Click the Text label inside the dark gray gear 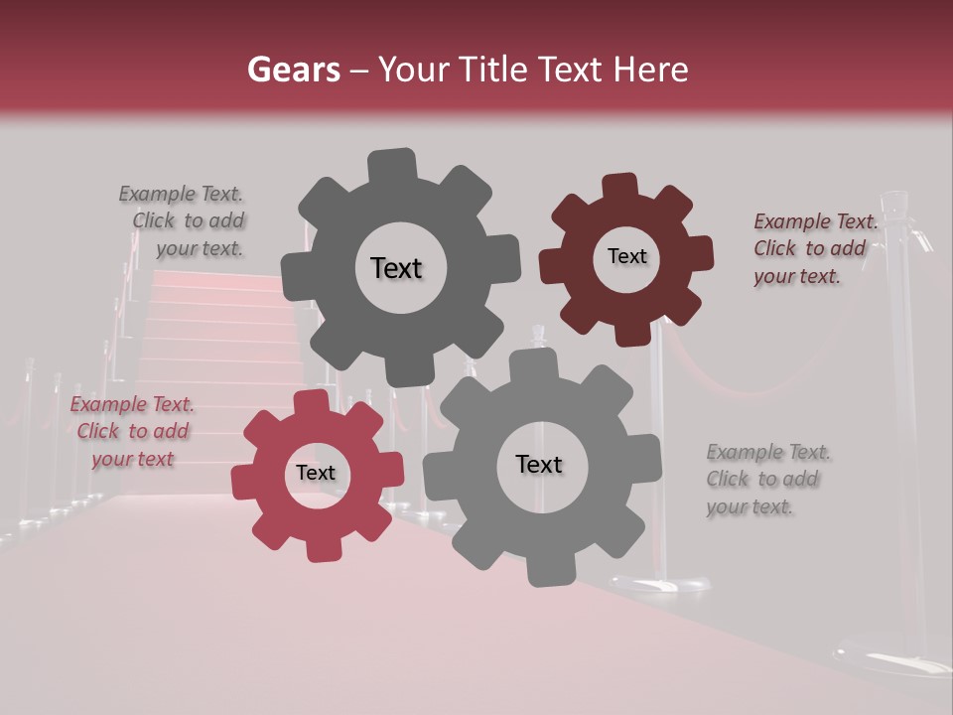396,268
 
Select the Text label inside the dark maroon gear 626,256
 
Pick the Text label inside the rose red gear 316,474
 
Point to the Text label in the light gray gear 539,464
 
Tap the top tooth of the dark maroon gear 620,186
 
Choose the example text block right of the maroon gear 815,249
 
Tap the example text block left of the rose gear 132,431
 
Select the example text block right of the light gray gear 767,480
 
